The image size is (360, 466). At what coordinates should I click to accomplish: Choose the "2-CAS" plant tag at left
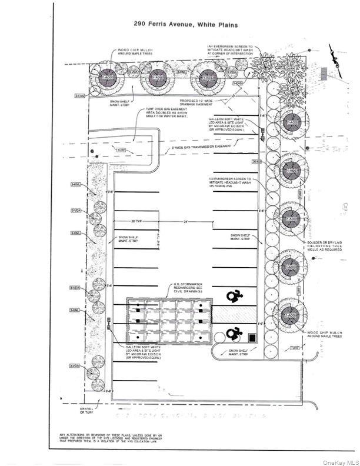(x=80, y=95)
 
